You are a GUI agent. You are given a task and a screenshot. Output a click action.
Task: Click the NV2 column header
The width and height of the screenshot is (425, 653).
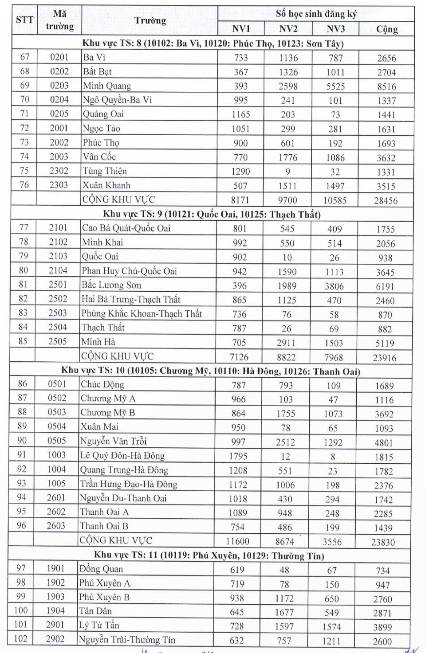288,29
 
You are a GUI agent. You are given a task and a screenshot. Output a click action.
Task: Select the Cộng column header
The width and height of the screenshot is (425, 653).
387,29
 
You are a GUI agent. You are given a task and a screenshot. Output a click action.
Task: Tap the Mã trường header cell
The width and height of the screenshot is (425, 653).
59,20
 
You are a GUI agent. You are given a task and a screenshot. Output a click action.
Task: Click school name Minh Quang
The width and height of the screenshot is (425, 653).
107,86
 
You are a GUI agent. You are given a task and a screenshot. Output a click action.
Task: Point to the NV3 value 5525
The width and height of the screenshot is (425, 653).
335,86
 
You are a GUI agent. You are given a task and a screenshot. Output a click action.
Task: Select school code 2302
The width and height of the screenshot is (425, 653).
59,171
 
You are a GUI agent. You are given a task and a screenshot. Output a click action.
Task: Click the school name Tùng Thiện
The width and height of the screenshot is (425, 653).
105,171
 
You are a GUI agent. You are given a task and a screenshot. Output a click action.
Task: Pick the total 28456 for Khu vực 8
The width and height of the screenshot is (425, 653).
386,200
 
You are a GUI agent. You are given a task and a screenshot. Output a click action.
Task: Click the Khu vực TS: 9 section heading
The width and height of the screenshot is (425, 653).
212,214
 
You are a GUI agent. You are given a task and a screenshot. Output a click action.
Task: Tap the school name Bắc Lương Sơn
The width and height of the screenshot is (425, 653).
111,285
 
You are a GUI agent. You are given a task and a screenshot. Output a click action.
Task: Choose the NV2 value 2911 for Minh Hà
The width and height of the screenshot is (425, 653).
286,343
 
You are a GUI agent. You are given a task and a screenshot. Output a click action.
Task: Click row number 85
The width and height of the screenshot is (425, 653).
23,341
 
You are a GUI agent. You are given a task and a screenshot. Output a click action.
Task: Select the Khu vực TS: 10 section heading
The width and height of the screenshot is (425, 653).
210,371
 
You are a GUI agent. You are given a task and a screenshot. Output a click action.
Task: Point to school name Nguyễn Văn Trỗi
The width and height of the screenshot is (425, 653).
113,441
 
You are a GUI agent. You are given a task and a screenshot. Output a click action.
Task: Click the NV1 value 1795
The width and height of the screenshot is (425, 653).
238,456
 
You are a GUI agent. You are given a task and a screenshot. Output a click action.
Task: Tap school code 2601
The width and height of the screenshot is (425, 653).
56,498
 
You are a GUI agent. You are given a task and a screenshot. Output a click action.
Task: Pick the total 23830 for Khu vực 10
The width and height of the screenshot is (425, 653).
383,542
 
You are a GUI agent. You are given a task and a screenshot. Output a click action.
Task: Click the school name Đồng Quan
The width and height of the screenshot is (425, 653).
101,569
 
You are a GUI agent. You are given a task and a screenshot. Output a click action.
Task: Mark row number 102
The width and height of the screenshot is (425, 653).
20,639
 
